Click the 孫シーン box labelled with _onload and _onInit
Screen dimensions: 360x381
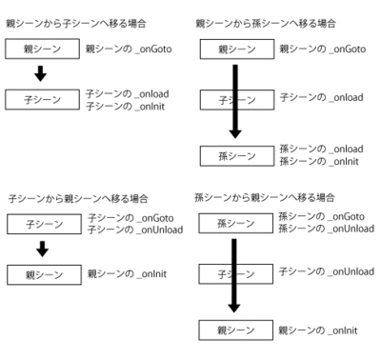pos(231,154)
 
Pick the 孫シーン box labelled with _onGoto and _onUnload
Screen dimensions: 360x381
pos(231,223)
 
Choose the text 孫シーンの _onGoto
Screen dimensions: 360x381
pos(316,217)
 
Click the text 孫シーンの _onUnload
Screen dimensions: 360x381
pos(322,228)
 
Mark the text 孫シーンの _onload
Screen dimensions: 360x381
pos(315,150)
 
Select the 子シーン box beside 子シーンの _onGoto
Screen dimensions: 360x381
pos(41,224)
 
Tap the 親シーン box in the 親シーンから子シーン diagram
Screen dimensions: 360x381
pos(41,47)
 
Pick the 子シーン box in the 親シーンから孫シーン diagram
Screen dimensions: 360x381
pos(220,99)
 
